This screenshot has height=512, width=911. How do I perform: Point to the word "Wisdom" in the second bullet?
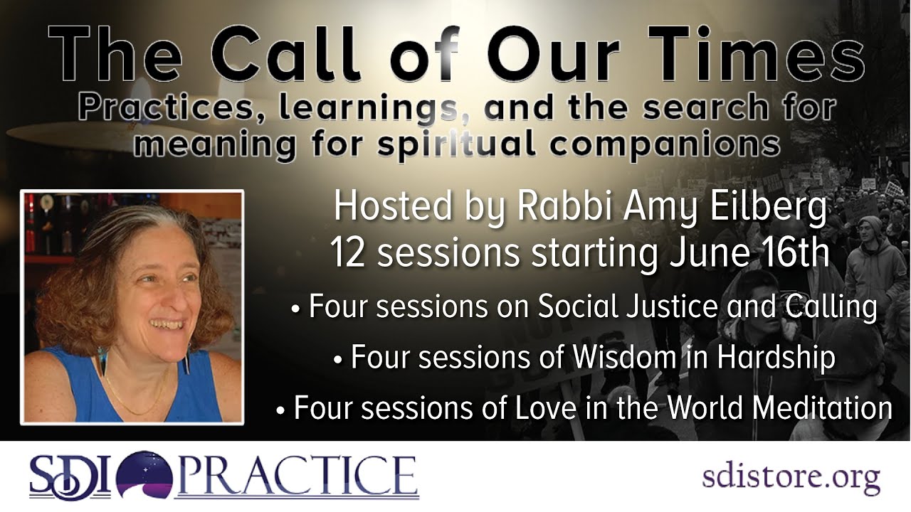tap(604, 357)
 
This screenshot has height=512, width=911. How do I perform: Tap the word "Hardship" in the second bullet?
tap(776, 357)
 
